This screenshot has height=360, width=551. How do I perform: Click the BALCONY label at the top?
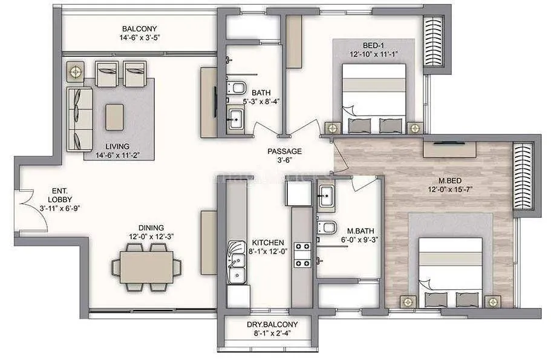pyautogui.click(x=139, y=28)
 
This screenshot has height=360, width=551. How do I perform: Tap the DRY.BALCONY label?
pyautogui.click(x=272, y=325)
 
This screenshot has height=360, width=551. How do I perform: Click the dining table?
pyautogui.click(x=146, y=266)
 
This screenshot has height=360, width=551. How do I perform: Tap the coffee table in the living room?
pyautogui.click(x=114, y=117)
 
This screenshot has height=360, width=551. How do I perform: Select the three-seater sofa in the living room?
pyautogui.click(x=79, y=119)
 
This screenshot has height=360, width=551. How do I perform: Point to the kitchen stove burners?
pyautogui.click(x=302, y=255)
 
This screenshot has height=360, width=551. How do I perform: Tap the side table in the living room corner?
pyautogui.click(x=76, y=72)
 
